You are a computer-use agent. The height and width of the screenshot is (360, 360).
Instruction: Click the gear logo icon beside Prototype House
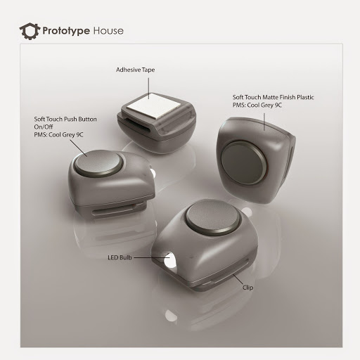29,31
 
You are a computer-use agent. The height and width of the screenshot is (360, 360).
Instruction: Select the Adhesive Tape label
136,70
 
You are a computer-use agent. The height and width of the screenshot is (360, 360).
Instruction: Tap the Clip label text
247,288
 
